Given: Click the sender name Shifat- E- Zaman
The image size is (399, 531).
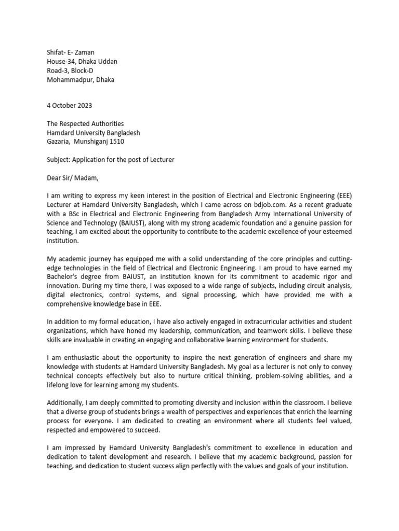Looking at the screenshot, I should [x=71, y=52].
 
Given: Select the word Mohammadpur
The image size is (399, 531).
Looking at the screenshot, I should [x=69, y=80].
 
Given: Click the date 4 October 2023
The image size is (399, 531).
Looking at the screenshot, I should [x=69, y=105].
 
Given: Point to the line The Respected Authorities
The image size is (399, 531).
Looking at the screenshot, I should [x=85, y=123].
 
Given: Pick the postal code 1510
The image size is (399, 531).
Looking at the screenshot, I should [x=116, y=141].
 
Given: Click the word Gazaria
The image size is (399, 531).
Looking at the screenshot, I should [x=58, y=141].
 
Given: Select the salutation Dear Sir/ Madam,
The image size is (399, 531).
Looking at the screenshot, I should [x=72, y=178].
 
